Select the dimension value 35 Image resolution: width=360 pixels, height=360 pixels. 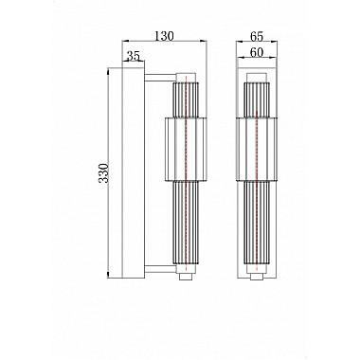tap(134, 57)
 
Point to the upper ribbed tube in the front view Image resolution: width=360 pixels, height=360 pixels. tap(255, 99)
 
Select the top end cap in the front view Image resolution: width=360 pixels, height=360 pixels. tap(255, 75)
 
